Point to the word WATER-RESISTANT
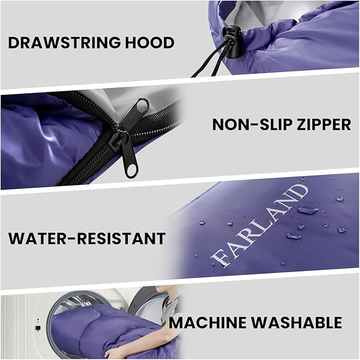[x=86, y=238]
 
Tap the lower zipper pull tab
[x=130, y=161]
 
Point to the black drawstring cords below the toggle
[x=209, y=64]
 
